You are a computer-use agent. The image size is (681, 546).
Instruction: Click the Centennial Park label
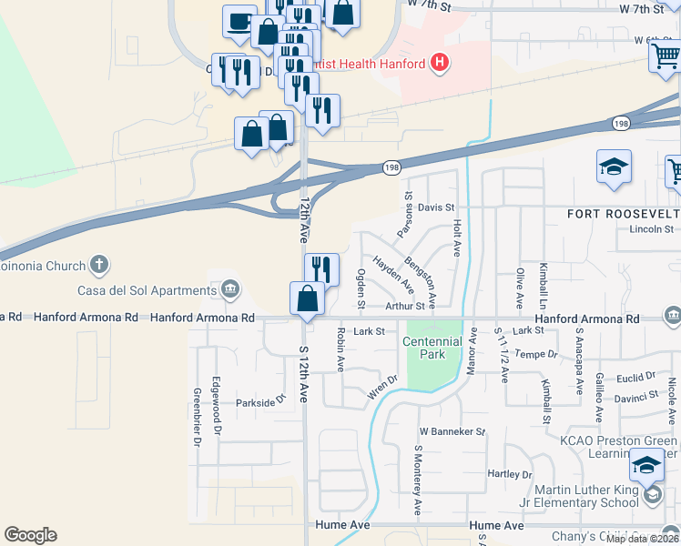coord(433,348)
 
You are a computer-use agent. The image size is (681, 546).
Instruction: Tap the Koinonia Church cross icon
coord(99,266)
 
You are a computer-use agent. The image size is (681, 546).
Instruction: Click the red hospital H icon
coord(440,63)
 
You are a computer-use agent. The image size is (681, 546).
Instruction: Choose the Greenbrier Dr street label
coord(197,418)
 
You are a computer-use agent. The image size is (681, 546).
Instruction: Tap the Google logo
coord(30,535)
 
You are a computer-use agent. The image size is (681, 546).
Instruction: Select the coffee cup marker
coord(239,21)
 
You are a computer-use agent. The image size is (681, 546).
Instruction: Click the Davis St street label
coord(437,207)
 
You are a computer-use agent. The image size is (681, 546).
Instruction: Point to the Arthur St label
coord(405,308)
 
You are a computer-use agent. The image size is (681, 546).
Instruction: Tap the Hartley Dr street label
coord(510,474)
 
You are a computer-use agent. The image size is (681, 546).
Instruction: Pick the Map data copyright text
coord(643,539)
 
